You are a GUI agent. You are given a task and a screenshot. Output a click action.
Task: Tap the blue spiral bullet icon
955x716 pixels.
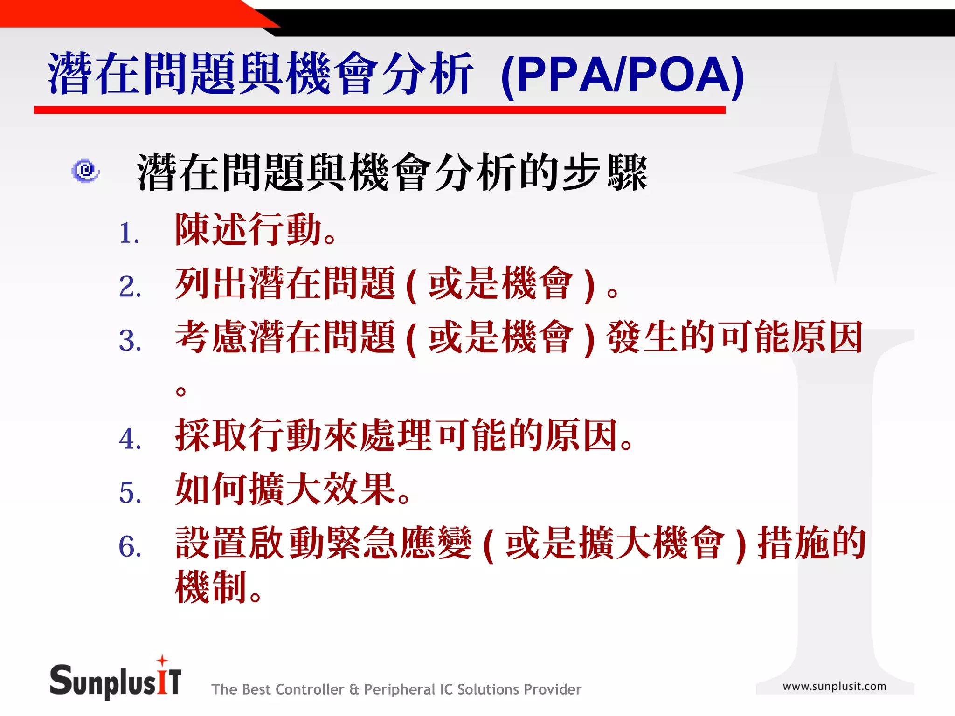click(85, 171)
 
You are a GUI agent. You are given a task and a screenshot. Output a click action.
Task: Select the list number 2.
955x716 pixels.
click(130, 286)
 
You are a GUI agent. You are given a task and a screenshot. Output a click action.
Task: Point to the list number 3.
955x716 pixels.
click(130, 340)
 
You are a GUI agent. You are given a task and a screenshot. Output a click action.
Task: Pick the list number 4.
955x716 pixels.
click(130, 439)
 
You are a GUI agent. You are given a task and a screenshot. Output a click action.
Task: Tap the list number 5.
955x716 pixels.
click(130, 492)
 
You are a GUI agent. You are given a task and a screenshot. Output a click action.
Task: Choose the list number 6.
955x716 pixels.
click(130, 546)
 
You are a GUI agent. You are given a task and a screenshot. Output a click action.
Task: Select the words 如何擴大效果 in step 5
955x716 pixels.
click(286, 489)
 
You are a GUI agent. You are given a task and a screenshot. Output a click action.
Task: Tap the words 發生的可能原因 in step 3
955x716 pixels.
click(734, 337)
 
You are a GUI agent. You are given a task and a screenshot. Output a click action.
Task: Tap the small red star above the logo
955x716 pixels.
click(162, 660)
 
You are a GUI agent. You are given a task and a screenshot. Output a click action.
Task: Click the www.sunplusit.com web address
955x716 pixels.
click(834, 686)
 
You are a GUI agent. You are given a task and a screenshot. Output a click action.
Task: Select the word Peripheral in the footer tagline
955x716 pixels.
click(399, 689)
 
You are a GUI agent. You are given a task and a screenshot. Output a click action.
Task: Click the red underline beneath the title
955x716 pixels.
click(379, 110)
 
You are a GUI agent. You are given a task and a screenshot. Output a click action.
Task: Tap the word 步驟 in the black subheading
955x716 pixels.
click(605, 172)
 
